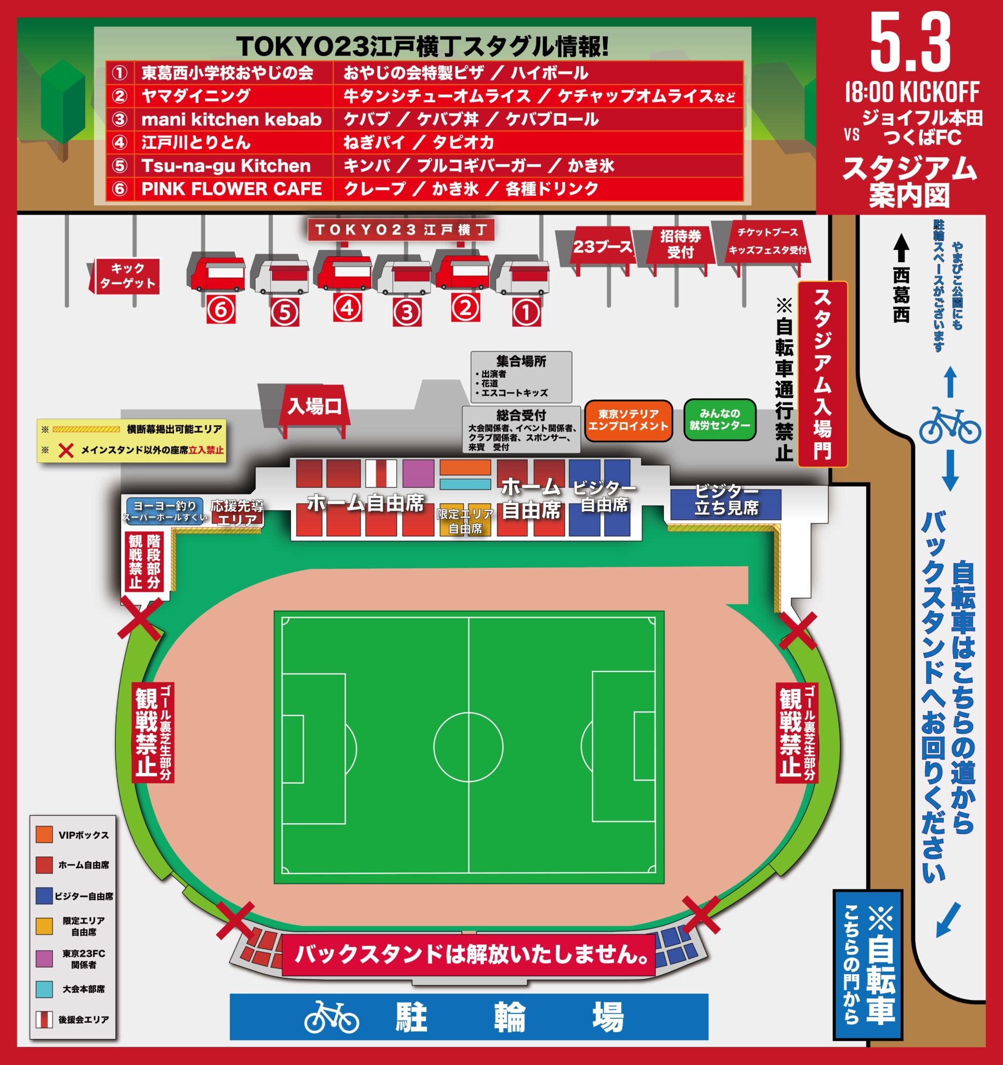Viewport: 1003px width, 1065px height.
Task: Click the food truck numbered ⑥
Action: coord(217,272)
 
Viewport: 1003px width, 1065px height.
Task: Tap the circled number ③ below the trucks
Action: coord(407,313)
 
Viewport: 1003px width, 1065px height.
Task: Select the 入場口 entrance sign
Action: coord(315,407)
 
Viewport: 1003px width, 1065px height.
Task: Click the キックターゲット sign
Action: coord(127,276)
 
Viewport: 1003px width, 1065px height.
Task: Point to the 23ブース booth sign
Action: coord(602,247)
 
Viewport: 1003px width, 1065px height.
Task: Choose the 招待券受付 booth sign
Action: coord(681,244)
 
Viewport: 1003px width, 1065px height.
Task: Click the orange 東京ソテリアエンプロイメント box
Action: coord(628,421)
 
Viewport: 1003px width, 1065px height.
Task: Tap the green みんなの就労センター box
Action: coord(720,420)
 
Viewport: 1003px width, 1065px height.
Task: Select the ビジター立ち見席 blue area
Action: coord(726,504)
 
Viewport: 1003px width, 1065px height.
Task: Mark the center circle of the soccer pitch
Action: coord(468,747)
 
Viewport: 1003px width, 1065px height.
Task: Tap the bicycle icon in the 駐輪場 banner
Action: coord(332,1016)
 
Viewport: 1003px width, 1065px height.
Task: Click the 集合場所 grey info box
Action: coord(521,376)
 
